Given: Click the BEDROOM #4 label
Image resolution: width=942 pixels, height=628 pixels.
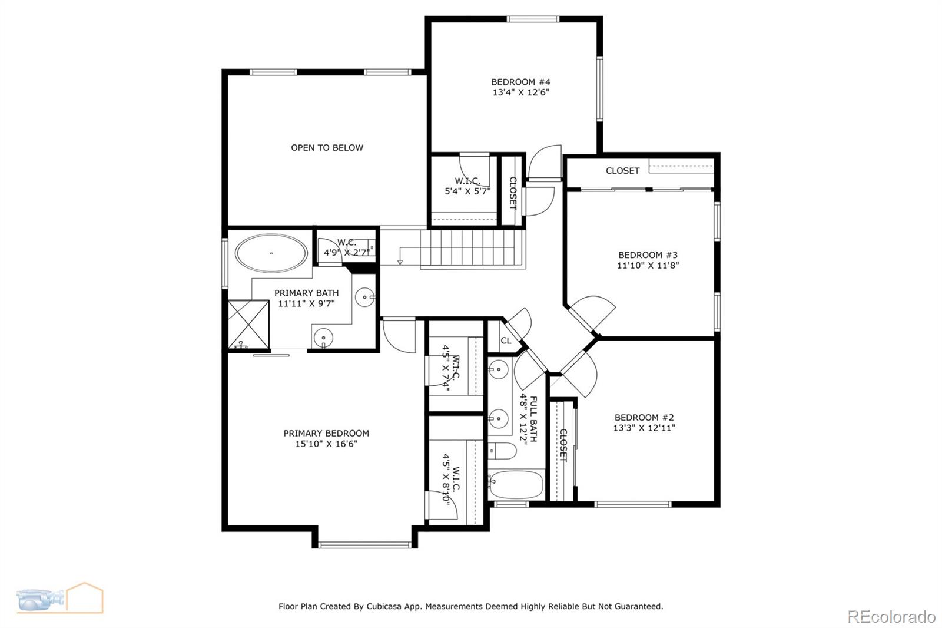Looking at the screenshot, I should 520,82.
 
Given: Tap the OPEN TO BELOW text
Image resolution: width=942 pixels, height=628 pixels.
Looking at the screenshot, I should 327,148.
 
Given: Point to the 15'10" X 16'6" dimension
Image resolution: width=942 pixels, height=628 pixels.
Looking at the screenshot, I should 326,444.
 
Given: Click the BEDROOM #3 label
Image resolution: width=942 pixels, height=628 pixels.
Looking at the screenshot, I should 648,255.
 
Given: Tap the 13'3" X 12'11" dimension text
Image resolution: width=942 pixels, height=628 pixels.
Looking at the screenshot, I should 644,428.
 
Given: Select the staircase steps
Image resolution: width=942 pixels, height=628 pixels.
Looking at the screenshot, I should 471,247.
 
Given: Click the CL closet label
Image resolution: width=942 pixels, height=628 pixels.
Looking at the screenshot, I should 506,341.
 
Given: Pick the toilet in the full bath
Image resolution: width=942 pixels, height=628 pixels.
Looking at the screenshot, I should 501,451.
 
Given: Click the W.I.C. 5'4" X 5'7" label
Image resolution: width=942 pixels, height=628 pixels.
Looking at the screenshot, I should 467,186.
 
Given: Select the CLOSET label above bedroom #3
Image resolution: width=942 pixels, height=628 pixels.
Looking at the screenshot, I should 622,171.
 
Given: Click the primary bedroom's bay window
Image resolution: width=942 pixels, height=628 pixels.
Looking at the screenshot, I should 365,544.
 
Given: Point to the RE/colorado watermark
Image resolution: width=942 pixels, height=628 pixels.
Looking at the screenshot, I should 891,617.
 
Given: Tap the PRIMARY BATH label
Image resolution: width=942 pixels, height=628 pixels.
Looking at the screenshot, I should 306,293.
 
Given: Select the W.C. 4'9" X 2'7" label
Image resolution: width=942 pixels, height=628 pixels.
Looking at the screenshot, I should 347,247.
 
